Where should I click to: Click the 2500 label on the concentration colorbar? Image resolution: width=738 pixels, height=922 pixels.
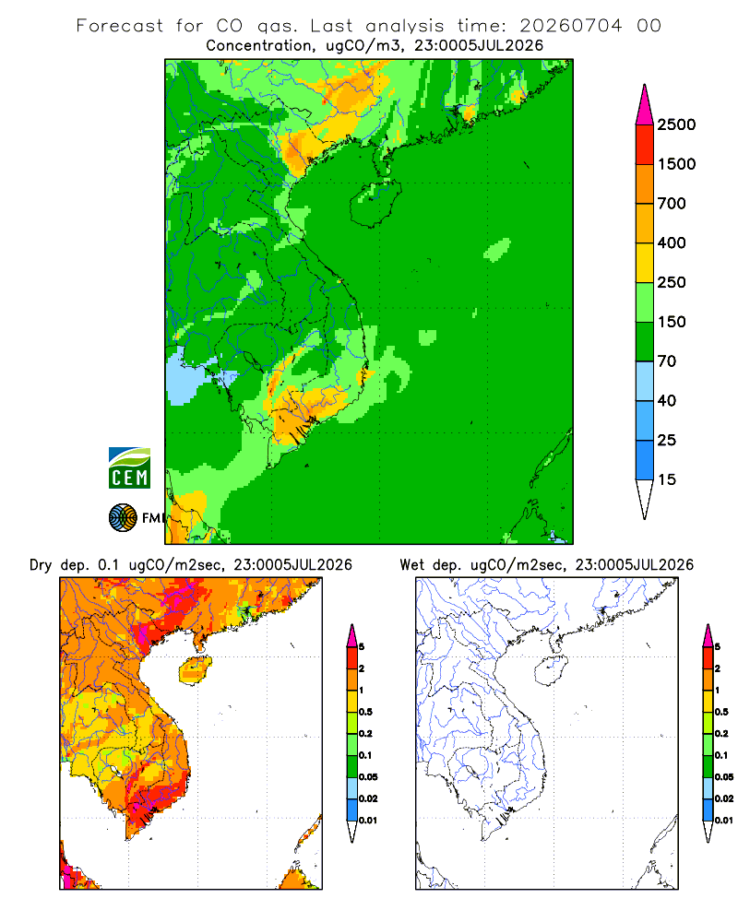(x=676, y=124)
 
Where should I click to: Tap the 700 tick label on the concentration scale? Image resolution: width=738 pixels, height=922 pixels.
(x=672, y=204)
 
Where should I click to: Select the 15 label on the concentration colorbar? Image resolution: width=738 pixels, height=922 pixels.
(x=667, y=479)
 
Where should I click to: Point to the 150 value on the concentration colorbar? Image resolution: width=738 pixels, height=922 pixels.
(x=672, y=322)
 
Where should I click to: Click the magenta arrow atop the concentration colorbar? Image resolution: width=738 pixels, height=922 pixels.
(x=645, y=106)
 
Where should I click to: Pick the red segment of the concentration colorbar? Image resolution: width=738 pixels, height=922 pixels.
(x=645, y=145)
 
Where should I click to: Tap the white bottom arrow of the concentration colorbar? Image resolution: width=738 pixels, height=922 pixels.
(x=645, y=499)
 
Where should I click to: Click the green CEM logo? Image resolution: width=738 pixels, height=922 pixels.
(x=129, y=468)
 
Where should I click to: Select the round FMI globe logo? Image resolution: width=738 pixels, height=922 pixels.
(x=123, y=518)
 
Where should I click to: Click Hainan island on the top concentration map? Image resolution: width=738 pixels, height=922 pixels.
(x=375, y=203)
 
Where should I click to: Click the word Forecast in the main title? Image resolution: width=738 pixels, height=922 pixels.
(x=120, y=26)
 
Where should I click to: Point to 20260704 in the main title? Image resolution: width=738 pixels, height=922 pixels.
(x=570, y=26)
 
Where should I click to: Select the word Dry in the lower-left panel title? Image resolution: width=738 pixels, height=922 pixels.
(x=41, y=565)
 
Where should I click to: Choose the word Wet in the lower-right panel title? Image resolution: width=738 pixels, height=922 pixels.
(x=411, y=565)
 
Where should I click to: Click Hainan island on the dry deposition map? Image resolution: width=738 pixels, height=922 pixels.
(x=196, y=670)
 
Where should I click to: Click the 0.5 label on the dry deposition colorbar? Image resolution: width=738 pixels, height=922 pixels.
(x=365, y=712)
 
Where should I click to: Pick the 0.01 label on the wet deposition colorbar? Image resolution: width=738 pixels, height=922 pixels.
(x=724, y=821)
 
